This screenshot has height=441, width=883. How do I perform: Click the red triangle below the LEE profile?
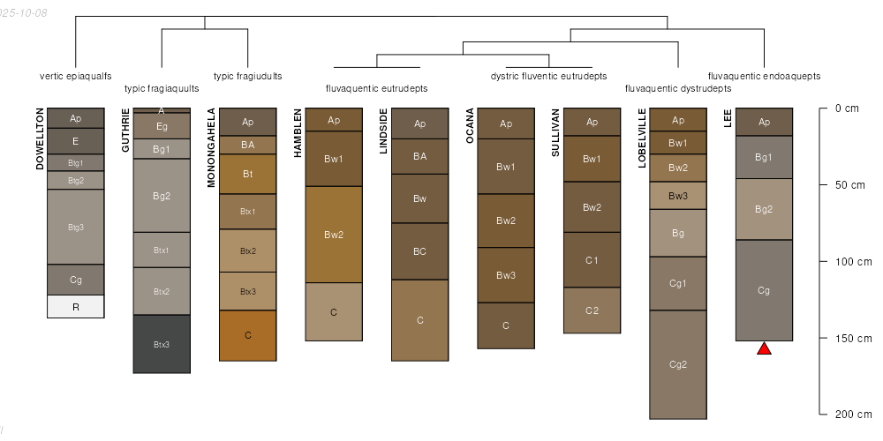pos(764,349)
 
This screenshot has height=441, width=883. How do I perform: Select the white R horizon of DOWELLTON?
pos(76,306)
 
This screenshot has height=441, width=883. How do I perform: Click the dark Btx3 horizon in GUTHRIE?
pos(162,344)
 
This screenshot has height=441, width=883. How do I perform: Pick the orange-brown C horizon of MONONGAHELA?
pos(248,335)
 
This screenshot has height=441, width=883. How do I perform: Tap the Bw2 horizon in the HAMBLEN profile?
pos(334,235)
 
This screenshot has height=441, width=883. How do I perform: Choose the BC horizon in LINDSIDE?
pos(419,251)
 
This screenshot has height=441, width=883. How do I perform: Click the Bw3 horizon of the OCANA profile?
pos(506,275)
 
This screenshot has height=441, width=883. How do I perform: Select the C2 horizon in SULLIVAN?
pos(592,310)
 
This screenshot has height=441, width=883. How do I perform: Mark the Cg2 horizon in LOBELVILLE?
pos(678,364)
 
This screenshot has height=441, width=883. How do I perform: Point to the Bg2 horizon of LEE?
pos(764,209)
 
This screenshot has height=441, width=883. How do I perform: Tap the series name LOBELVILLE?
pos(642,139)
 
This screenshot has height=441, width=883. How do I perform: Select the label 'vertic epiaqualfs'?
pos(76,76)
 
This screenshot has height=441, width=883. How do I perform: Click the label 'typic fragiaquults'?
pos(162,88)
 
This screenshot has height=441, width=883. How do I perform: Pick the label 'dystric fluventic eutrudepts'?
pos(548,76)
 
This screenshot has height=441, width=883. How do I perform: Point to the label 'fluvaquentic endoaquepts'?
pos(764,76)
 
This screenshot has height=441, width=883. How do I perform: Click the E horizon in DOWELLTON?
pos(76,141)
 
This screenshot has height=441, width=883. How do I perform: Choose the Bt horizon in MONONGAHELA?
pos(248,174)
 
